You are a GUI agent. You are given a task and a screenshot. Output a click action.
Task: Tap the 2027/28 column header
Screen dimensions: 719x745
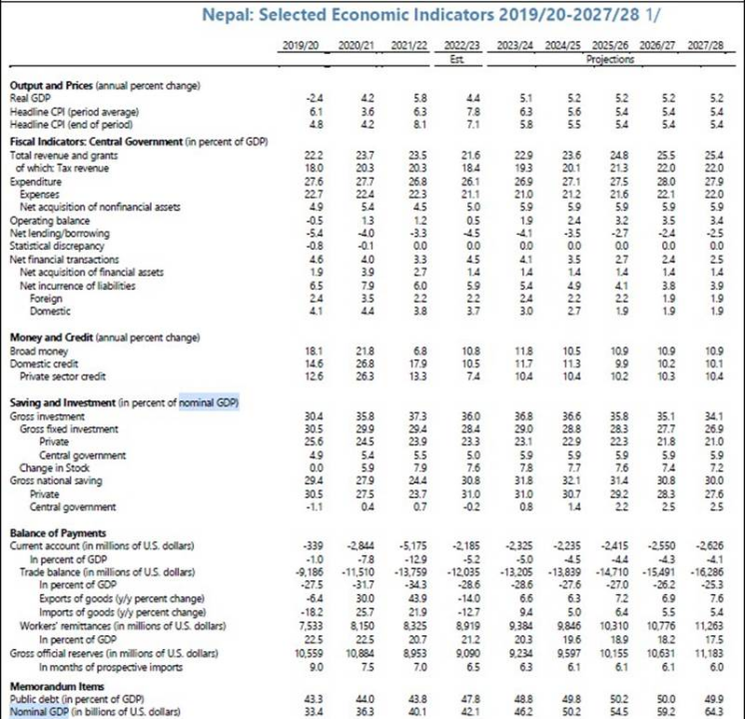705,47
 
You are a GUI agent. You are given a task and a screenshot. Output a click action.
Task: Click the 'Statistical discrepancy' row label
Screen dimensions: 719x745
55,245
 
